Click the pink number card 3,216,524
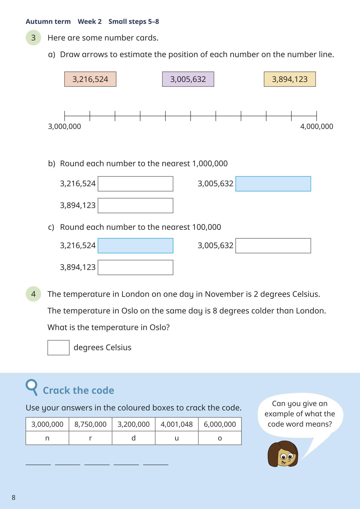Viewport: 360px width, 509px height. (x=90, y=79)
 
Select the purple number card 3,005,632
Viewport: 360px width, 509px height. (x=188, y=79)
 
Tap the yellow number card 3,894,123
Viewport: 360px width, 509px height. (x=290, y=79)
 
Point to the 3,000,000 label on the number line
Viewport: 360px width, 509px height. (x=64, y=126)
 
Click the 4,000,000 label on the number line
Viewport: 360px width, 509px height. (x=316, y=126)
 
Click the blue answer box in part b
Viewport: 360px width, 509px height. (x=273, y=184)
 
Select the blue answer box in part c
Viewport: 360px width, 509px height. (x=135, y=246)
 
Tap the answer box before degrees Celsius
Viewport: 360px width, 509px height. (x=58, y=347)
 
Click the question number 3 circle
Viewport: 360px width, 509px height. (x=33, y=38)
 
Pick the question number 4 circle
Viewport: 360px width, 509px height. (x=33, y=294)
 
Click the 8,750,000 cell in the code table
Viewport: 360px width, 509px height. (x=90, y=424)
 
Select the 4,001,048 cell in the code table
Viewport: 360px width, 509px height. (x=177, y=424)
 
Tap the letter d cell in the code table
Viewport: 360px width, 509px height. (x=133, y=438)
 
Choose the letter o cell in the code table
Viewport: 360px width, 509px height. (x=220, y=438)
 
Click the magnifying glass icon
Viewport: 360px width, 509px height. (x=32, y=387)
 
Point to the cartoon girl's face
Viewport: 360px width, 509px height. (x=283, y=455)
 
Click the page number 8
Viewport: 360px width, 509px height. (x=14, y=498)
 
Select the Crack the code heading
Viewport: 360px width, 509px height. (x=78, y=390)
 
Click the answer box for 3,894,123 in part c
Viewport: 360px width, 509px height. (x=135, y=267)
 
